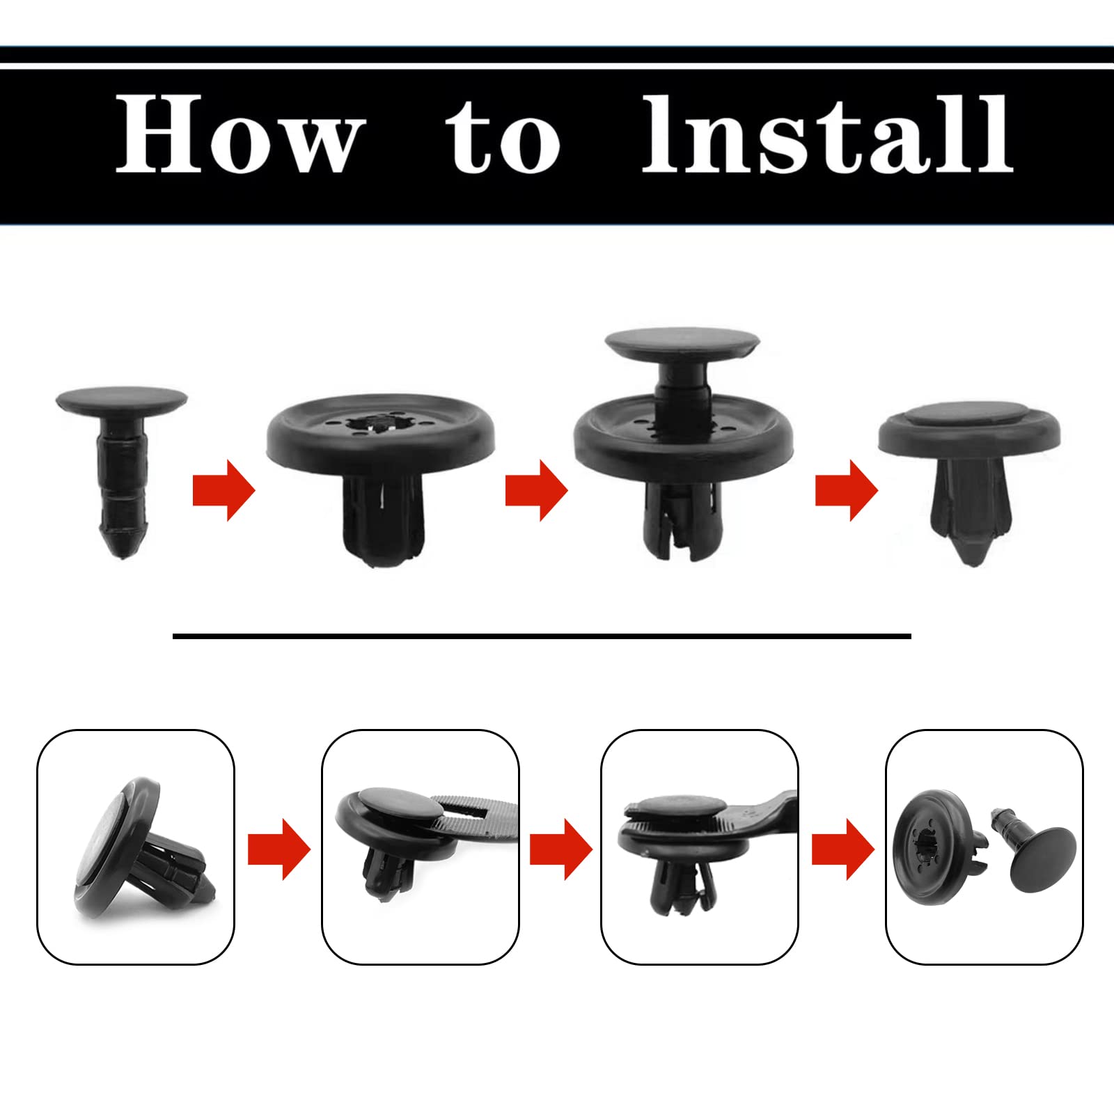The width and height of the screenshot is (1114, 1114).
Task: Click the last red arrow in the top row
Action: coord(846,492)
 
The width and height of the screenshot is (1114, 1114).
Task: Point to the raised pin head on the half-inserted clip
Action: coord(682,345)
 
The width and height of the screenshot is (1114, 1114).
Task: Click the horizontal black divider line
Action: coord(542,636)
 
